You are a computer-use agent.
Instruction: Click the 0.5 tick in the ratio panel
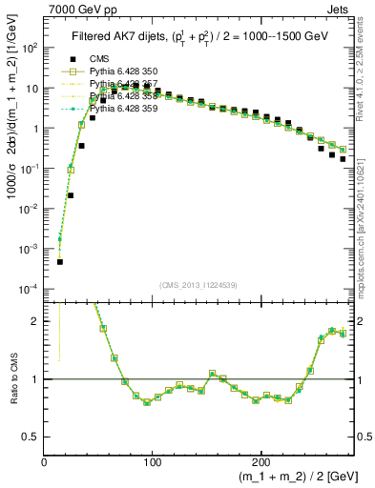31,437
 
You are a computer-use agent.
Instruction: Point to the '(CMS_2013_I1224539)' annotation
198,285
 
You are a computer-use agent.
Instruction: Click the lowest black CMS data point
59,261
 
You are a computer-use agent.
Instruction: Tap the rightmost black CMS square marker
343,160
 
